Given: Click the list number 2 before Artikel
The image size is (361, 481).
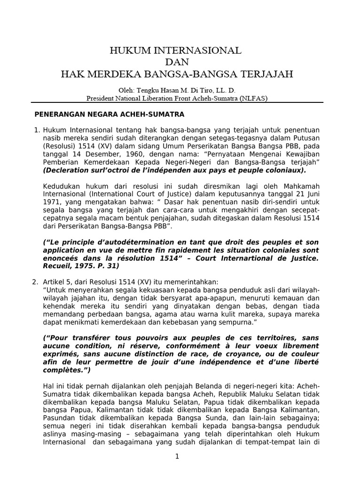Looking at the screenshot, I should click(35, 281).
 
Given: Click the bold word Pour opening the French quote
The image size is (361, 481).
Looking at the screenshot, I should click(56, 338).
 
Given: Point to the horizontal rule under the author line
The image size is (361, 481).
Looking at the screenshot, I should click(177, 102).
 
